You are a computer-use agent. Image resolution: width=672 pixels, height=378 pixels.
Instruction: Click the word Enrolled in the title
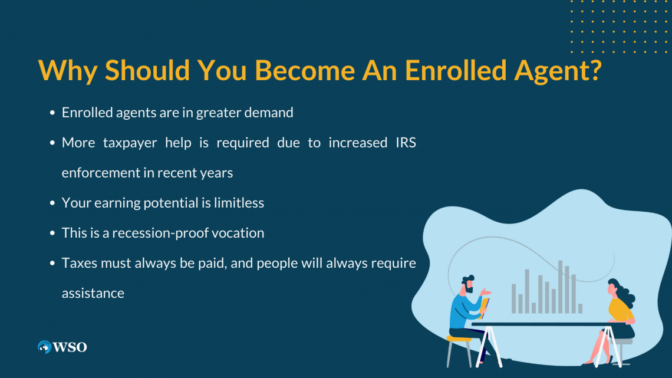(x=456, y=70)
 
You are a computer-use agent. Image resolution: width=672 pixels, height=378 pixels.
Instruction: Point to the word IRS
(x=406, y=142)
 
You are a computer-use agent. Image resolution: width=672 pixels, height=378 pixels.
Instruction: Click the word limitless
(x=239, y=202)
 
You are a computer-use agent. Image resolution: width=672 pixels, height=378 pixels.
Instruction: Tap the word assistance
(x=93, y=293)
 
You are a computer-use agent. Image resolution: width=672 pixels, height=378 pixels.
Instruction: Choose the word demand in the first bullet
(x=269, y=112)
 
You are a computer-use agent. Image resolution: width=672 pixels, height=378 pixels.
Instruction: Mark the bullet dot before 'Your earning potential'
(x=52, y=203)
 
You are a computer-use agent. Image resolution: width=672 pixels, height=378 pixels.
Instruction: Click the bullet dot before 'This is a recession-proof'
(x=52, y=233)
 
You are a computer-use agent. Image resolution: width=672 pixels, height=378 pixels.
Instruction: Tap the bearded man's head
(x=468, y=284)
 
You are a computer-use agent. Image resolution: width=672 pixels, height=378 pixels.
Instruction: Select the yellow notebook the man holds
(x=485, y=308)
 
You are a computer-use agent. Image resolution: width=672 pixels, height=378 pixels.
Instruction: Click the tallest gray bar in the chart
(x=560, y=287)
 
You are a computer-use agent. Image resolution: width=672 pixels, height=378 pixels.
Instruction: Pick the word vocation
(x=244, y=233)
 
